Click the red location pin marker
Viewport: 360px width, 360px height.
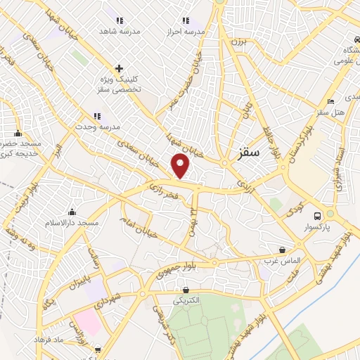(181, 166)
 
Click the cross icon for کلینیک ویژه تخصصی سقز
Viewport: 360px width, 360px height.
(119, 69)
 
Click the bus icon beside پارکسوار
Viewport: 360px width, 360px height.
(319, 216)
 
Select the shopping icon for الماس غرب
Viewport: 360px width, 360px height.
(282, 249)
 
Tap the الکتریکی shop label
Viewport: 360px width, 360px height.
(188, 300)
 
